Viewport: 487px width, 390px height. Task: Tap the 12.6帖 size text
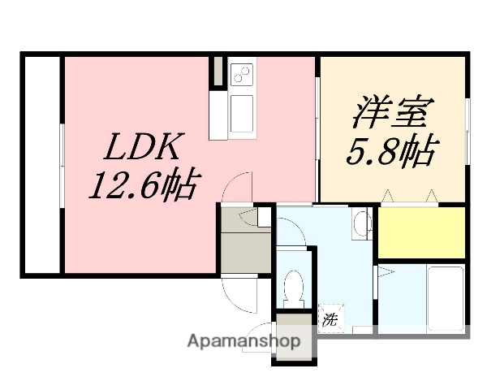(x=142, y=188)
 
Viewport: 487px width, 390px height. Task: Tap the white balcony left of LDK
(x=39, y=162)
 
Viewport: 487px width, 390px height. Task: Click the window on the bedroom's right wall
(x=468, y=130)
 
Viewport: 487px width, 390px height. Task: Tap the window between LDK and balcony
(x=61, y=162)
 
